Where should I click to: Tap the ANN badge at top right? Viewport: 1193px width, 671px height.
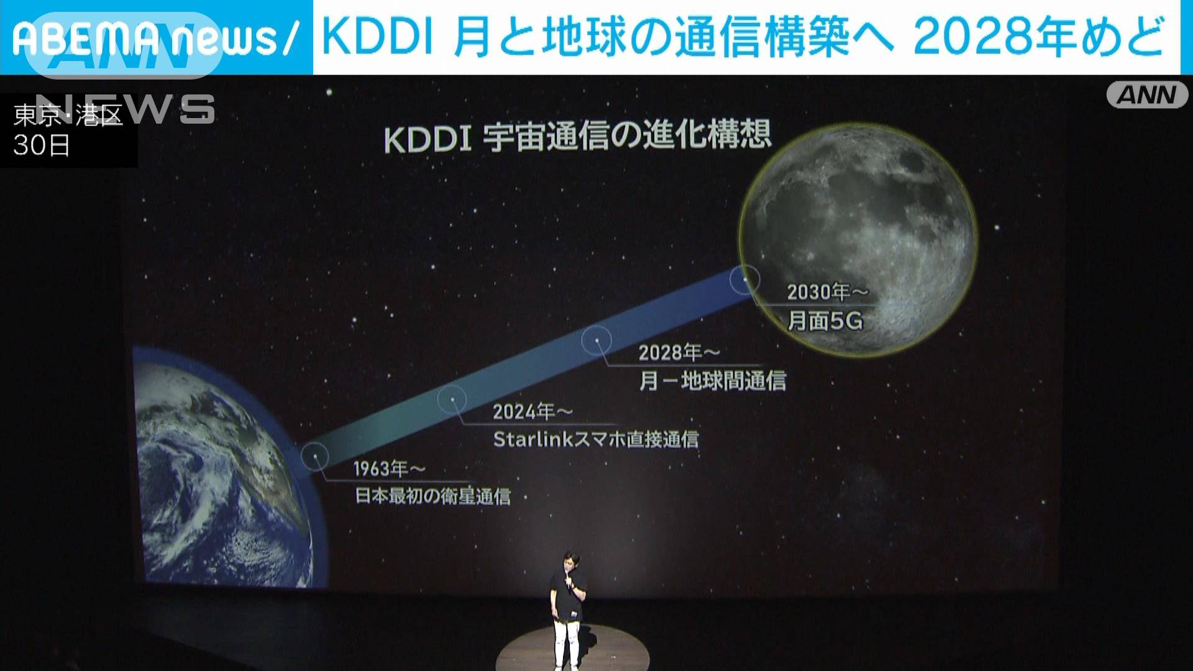[1146, 95]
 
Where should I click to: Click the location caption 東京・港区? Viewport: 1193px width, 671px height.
[68, 116]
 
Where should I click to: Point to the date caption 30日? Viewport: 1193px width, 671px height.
[42, 147]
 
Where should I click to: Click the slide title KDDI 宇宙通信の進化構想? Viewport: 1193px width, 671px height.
[578, 137]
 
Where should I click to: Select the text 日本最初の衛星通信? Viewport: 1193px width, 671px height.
[432, 497]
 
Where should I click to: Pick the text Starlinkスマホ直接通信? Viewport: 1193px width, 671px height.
[596, 440]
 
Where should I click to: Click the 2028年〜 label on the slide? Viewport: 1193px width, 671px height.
[679, 353]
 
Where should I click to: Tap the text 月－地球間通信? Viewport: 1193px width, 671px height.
[713, 381]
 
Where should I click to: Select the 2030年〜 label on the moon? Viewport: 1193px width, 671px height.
[827, 292]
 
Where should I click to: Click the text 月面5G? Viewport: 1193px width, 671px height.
[825, 321]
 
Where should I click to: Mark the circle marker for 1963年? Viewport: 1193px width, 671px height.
[315, 456]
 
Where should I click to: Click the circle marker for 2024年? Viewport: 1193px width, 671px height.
[453, 399]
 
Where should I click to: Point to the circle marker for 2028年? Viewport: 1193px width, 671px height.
[597, 340]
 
